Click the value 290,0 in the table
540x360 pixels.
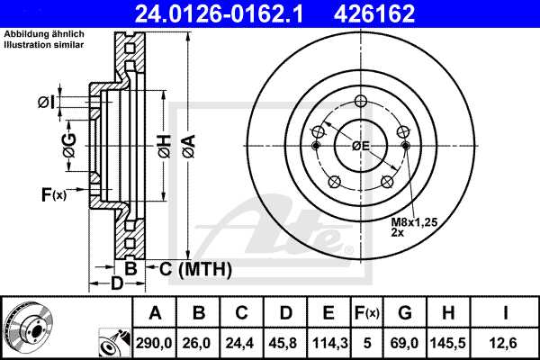coord(155,341)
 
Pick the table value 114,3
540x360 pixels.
coord(328,341)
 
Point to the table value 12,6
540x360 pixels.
coord(507,341)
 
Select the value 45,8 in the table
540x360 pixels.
coord(286,341)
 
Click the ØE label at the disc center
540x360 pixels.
coord(361,145)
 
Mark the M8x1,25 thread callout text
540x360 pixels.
coord(411,221)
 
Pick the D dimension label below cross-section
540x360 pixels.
coord(116,285)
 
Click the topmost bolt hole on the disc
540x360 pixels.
coord(361,101)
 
